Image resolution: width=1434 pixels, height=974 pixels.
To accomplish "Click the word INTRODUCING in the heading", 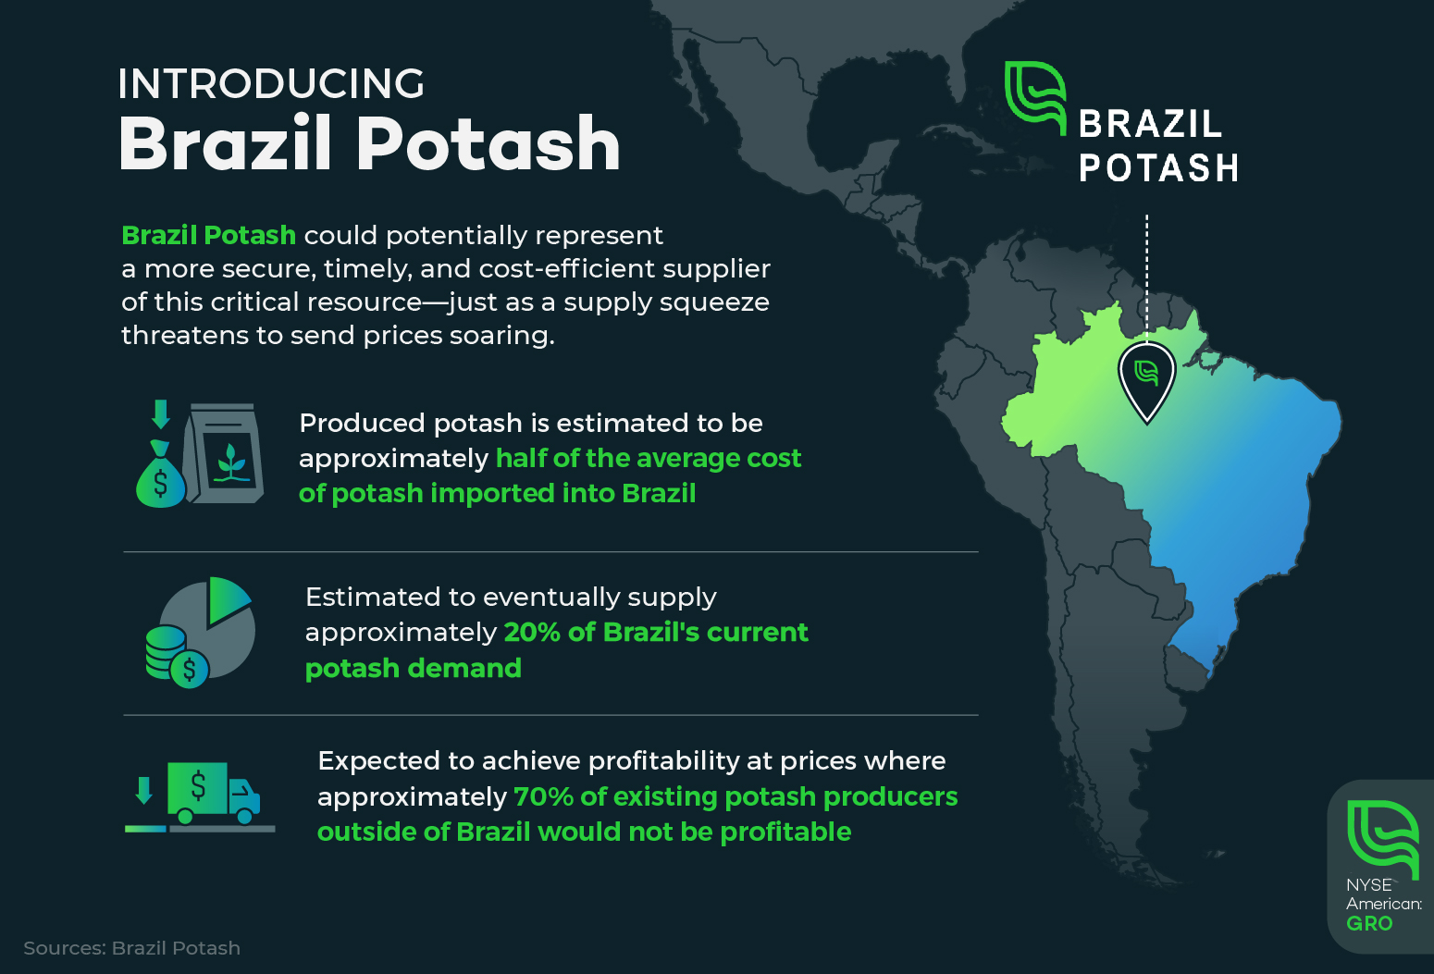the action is click(x=271, y=84).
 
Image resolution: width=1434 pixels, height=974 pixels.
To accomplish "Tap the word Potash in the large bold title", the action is click(x=488, y=144).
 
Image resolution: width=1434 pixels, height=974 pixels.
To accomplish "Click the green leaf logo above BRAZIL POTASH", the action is click(x=1035, y=98).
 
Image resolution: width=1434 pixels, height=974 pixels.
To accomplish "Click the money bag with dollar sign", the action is click(x=160, y=474).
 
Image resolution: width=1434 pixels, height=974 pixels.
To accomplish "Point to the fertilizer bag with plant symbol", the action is click(x=223, y=453).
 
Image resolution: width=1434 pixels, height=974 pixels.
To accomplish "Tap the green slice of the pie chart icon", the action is click(x=228, y=599).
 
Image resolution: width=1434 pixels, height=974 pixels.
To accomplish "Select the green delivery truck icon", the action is click(x=214, y=793).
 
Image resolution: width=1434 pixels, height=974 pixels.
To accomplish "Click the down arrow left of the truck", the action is click(x=144, y=790).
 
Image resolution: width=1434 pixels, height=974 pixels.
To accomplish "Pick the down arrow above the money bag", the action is click(x=161, y=414).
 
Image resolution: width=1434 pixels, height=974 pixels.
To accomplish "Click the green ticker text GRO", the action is click(x=1369, y=923).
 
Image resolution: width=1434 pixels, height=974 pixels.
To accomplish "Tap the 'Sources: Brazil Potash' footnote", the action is click(x=132, y=948).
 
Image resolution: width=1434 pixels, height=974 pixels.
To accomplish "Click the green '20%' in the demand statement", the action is click(x=533, y=633).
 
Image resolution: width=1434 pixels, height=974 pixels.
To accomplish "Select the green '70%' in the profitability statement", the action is click(x=543, y=796).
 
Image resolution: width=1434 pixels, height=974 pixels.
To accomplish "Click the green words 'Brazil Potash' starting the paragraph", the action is click(x=209, y=236).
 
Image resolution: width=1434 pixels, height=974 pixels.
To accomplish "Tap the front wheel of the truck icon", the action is click(x=244, y=816).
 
